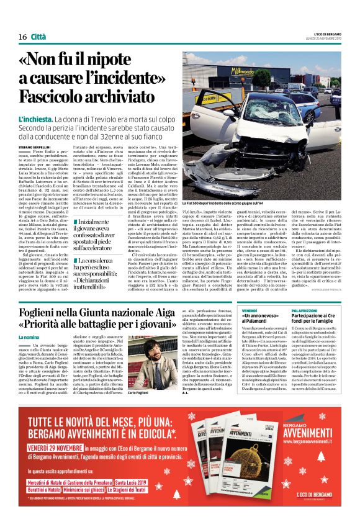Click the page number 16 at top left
coord(22,37)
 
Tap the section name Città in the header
coord(38,37)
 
